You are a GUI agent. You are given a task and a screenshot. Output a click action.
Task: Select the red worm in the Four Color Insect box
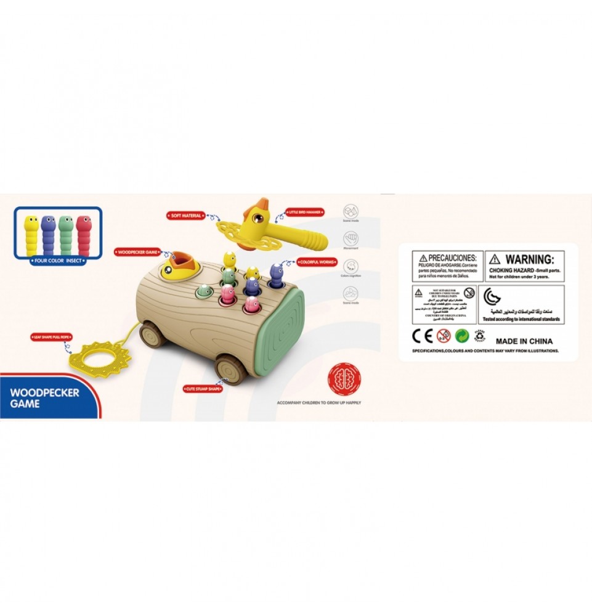84,235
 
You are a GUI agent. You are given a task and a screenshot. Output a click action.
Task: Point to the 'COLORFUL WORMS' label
317,261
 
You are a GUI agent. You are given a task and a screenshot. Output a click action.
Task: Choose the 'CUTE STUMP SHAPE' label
202,389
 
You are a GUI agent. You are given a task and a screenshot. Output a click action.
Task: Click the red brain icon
344,378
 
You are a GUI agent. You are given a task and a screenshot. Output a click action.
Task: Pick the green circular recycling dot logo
461,336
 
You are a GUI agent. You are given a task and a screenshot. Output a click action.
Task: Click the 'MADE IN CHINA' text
524,341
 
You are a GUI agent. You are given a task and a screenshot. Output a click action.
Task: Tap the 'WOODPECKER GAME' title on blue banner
44,398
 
